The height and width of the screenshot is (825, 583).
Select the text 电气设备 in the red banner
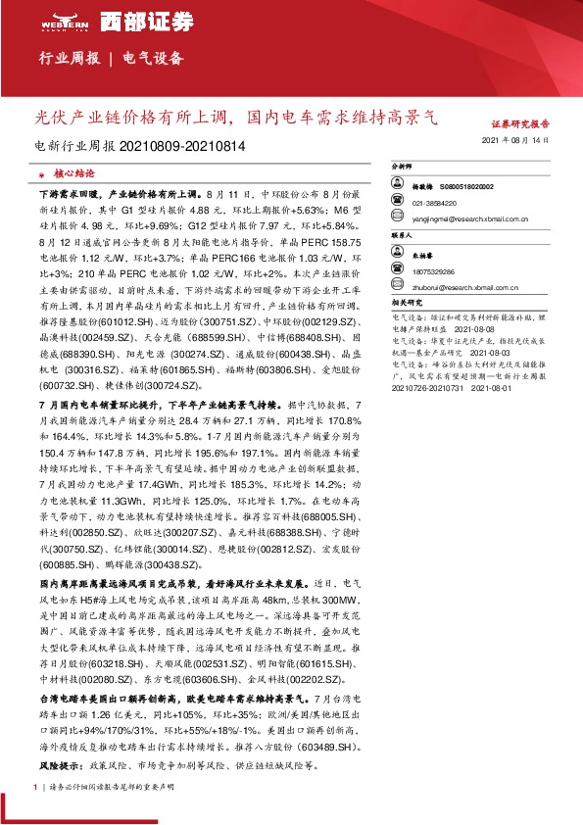153,59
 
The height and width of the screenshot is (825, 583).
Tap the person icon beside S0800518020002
400,186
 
